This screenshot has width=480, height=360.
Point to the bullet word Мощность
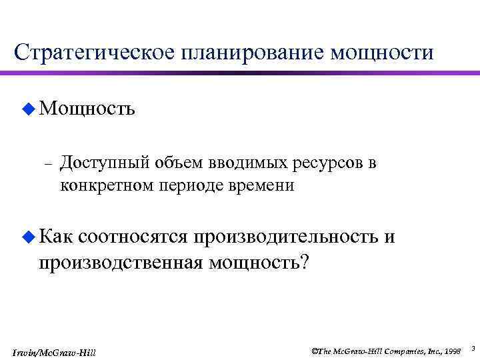(87, 108)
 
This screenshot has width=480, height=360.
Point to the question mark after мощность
(305, 262)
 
